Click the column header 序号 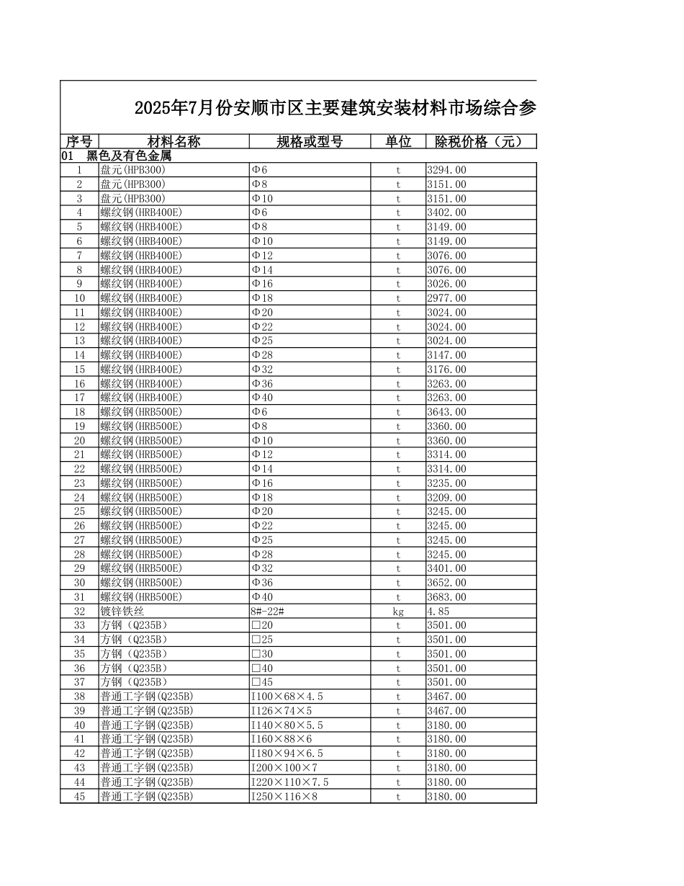79,141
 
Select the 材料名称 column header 174,141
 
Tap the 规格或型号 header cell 310,141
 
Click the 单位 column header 398,141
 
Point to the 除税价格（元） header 481,141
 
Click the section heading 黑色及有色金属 129,156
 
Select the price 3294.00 446,170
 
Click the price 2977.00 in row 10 446,298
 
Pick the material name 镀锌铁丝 122,612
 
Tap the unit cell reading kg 398,612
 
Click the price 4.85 438,612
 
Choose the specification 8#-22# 267,612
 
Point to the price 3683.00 446,597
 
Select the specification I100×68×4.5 287,697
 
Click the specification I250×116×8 284,797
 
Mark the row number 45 79,797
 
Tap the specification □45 262,682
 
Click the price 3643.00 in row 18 446,412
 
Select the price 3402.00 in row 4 446,212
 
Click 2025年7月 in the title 171,109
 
